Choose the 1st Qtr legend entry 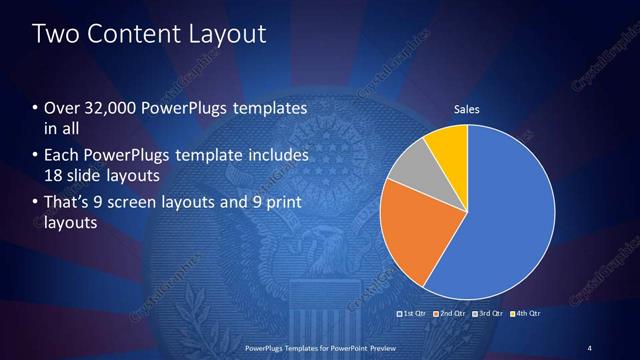click(x=413, y=313)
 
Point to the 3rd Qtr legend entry click(x=488, y=313)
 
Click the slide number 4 click(x=590, y=347)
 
